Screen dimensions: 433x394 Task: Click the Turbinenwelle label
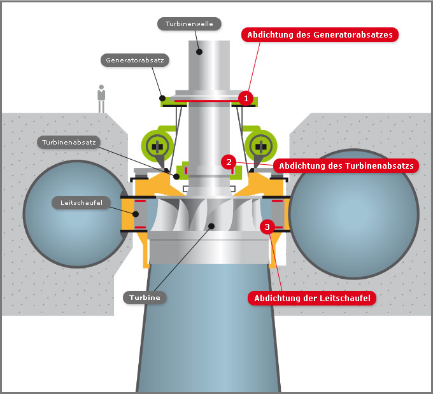(189, 24)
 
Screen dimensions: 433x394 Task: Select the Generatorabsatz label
(135, 60)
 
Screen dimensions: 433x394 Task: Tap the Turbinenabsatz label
(69, 142)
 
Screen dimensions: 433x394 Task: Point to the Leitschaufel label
(82, 202)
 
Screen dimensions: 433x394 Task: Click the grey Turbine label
(145, 297)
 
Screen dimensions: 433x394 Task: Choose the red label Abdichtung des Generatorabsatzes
(320, 35)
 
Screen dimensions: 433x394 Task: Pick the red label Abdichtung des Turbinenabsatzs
(346, 165)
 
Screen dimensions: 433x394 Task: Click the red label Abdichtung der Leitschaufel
(312, 298)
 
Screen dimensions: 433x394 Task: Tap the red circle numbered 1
(246, 98)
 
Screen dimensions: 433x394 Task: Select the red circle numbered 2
(229, 162)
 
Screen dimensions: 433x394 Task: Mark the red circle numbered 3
(267, 227)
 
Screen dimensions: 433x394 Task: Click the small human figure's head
(101, 87)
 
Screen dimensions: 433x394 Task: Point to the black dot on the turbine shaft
(199, 52)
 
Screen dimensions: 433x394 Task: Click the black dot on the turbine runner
(211, 227)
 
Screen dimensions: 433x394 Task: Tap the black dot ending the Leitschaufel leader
(136, 214)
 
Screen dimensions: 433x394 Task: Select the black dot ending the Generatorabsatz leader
(162, 98)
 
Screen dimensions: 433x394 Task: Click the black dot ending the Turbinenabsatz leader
(176, 176)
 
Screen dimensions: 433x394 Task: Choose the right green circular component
(260, 146)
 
